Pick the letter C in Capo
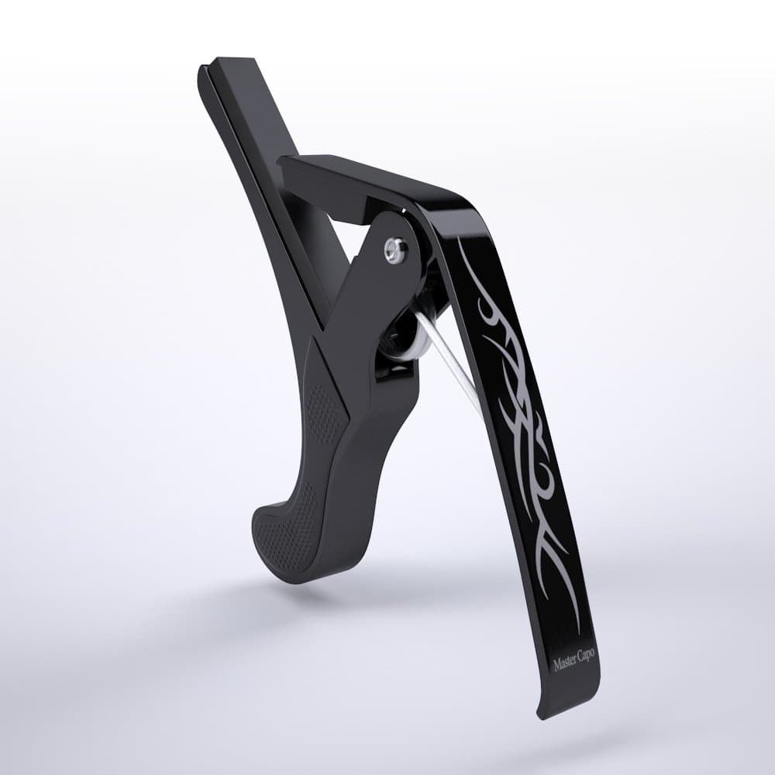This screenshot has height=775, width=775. (x=579, y=662)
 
